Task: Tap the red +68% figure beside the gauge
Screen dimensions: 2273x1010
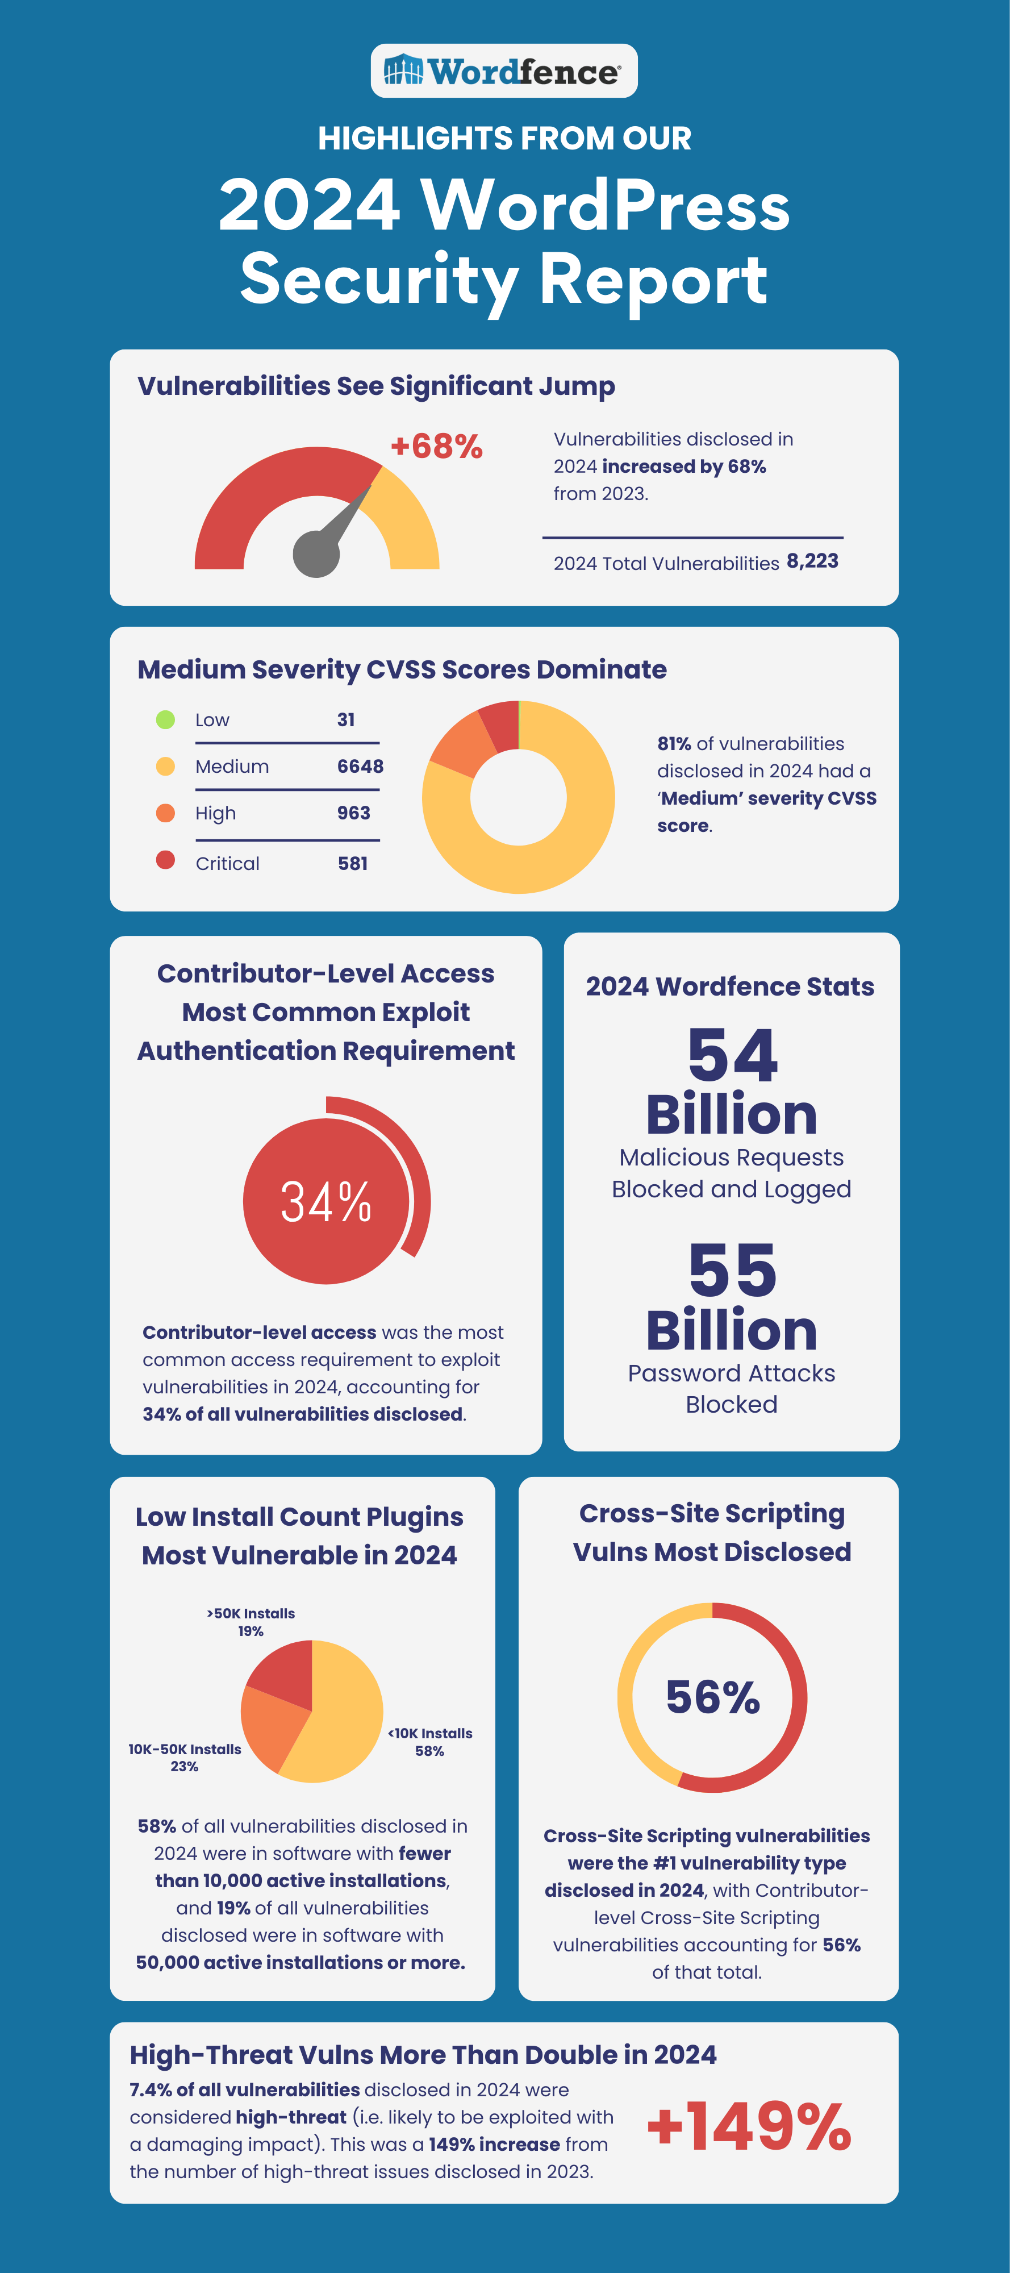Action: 437,447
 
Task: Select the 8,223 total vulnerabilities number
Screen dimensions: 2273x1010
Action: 812,561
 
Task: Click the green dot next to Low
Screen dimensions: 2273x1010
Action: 165,720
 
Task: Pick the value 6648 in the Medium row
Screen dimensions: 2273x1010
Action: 360,767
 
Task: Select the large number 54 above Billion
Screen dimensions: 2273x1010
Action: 732,1055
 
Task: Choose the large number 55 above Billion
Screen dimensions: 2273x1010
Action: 732,1271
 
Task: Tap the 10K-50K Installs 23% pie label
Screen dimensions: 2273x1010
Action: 185,1758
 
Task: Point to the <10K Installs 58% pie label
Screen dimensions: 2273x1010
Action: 431,1742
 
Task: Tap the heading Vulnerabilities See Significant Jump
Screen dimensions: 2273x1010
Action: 377,386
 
